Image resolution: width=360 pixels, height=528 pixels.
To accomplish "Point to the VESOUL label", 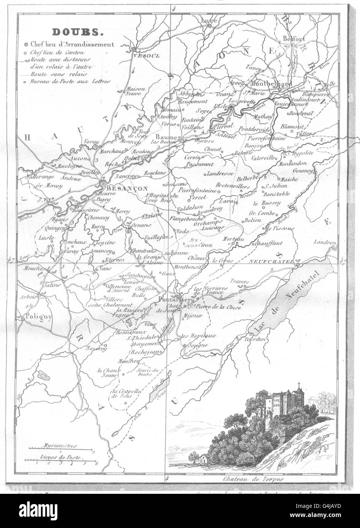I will pyautogui.click(x=143, y=55).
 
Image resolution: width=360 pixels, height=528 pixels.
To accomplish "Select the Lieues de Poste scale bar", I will pyautogui.click(x=61, y=460).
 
